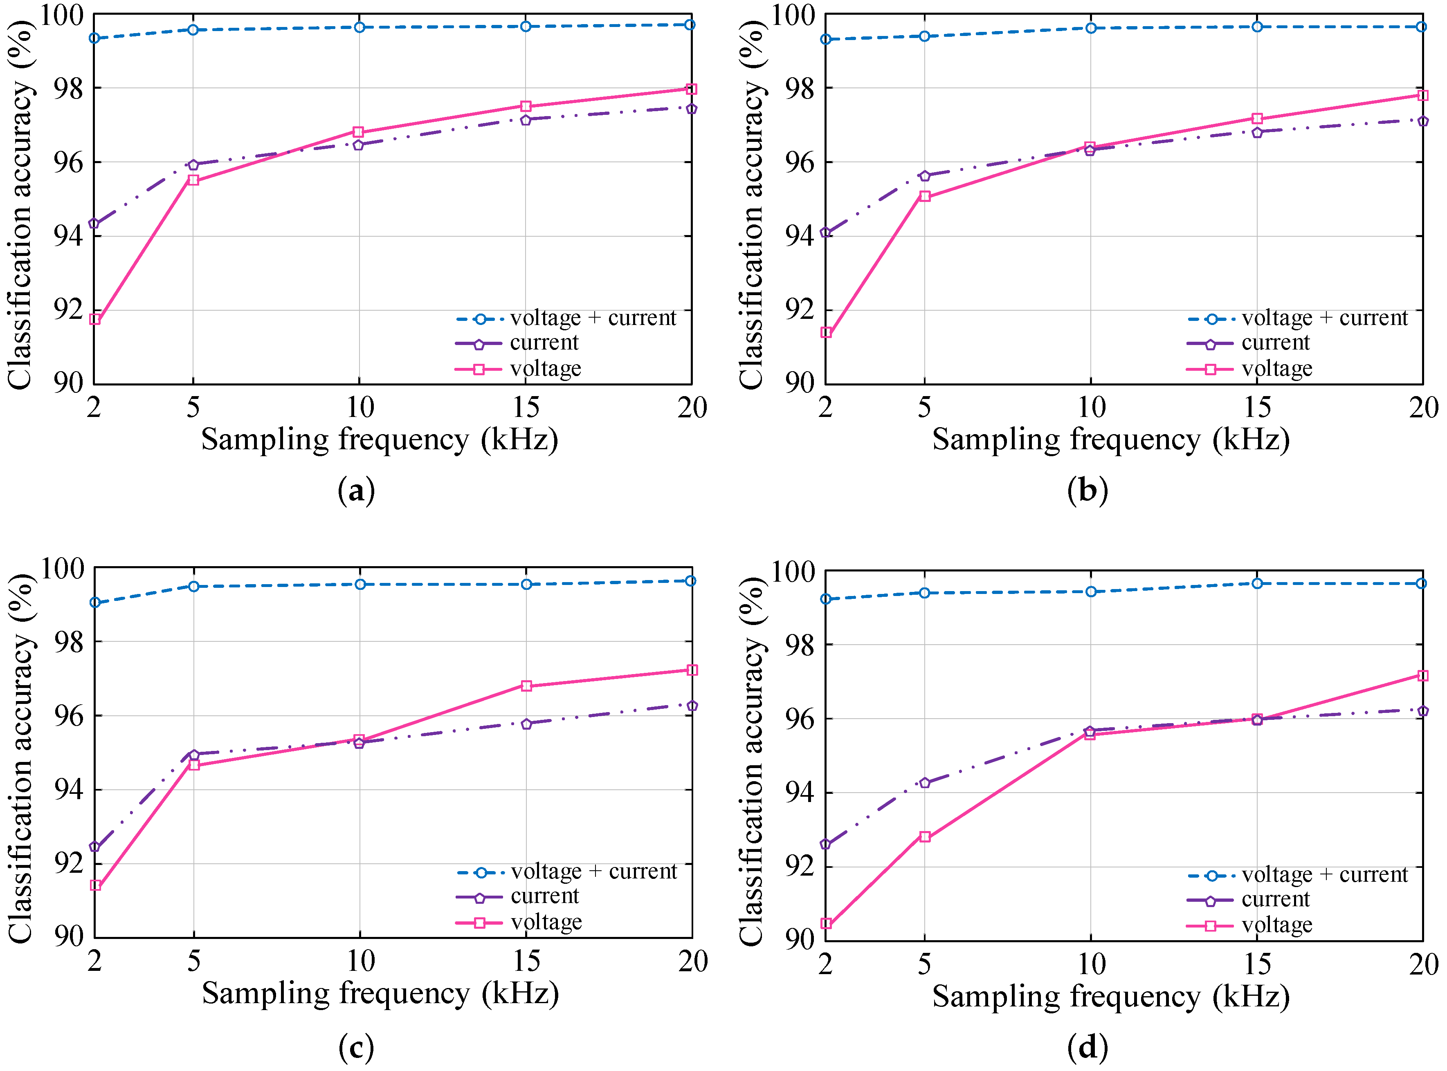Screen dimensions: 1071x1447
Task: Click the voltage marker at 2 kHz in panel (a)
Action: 95,319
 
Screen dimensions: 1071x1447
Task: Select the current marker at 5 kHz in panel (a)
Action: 193,165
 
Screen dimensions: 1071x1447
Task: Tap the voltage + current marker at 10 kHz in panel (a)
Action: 360,27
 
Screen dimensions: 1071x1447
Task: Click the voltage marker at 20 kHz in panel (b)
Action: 1423,95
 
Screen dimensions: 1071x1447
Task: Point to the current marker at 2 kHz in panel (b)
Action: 826,233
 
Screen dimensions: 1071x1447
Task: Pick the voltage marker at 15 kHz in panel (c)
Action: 526,686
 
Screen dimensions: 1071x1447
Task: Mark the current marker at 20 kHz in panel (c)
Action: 692,706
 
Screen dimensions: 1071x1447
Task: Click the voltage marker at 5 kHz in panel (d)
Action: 925,837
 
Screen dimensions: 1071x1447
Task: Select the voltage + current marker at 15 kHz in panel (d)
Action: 1257,583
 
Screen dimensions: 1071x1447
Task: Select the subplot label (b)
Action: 1087,491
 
